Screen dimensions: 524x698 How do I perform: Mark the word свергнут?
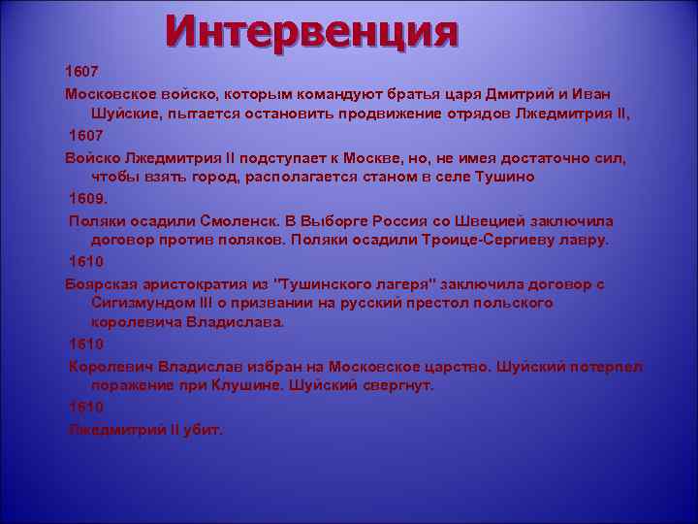click(397, 385)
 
